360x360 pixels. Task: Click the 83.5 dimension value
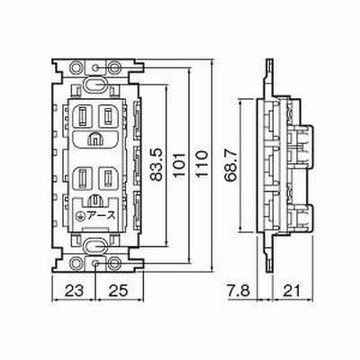(157, 165)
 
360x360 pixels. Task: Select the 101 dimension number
(179, 165)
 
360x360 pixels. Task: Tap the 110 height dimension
(202, 164)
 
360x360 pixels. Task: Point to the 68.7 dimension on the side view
(230, 166)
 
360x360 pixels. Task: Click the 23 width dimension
(74, 291)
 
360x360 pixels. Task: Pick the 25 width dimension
(118, 291)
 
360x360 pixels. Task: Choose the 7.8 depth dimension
(238, 291)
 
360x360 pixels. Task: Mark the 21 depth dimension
(292, 291)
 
